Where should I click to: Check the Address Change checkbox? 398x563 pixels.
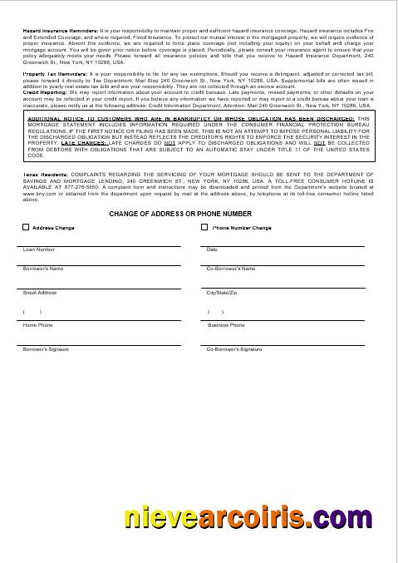(26, 227)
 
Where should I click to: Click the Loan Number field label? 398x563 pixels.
(39, 249)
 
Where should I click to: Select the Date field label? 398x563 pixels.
(212, 249)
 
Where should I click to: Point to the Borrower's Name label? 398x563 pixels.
(43, 269)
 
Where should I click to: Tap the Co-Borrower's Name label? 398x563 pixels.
(230, 269)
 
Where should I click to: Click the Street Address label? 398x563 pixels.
(40, 294)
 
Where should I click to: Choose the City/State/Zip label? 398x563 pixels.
(222, 294)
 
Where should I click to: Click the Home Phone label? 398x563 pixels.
(37, 325)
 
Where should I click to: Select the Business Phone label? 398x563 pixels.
(226, 325)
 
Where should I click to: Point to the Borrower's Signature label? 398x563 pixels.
(46, 349)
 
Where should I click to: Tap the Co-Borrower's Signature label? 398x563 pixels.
(233, 349)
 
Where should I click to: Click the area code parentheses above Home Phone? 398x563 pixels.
(33, 312)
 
